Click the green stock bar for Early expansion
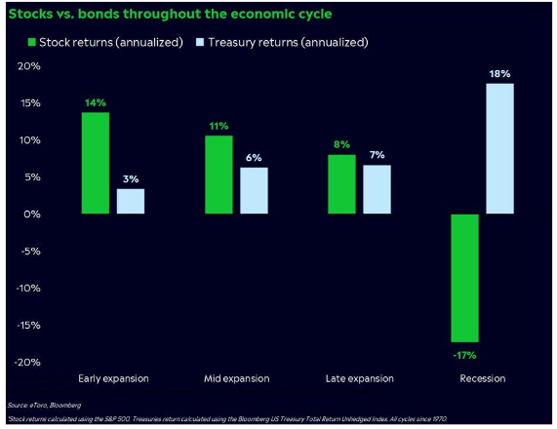pyautogui.click(x=96, y=163)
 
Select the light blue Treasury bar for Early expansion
pyautogui.click(x=131, y=201)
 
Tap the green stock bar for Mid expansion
pyautogui.click(x=219, y=175)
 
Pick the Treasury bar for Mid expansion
pyautogui.click(x=254, y=190)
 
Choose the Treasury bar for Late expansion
pyautogui.click(x=377, y=189)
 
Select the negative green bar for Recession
pyautogui.click(x=465, y=278)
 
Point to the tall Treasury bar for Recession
pyautogui.click(x=499, y=148)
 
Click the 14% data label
pyautogui.click(x=96, y=101)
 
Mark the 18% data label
pyautogui.click(x=500, y=72)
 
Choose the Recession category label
pyautogui.click(x=483, y=378)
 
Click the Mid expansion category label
pyautogui.click(x=236, y=378)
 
